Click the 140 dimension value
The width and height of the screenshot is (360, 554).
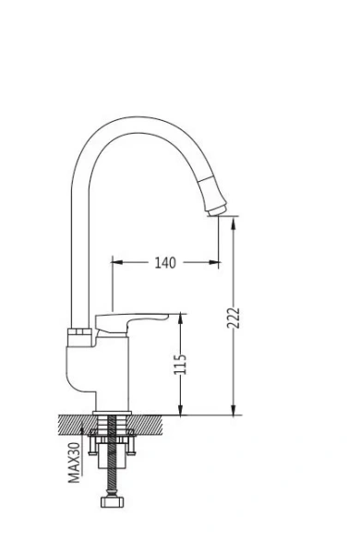coord(164,263)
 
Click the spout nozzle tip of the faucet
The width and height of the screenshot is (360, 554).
coord(215,209)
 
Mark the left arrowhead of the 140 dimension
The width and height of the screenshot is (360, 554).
coord(116,263)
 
